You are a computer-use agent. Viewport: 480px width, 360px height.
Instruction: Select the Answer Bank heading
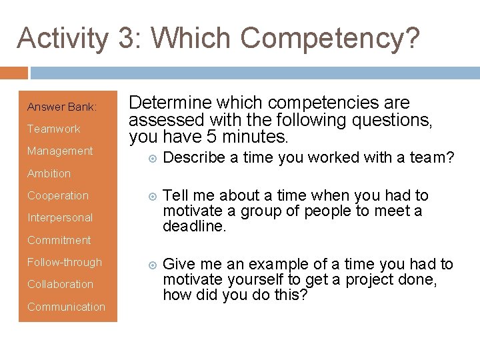pyautogui.click(x=62, y=107)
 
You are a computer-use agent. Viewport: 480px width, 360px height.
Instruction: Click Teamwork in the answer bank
pyautogui.click(x=53, y=129)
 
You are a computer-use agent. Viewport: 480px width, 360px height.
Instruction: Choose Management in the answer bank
pyautogui.click(x=60, y=151)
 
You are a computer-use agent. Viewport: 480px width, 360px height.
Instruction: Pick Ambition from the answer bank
pyautogui.click(x=49, y=173)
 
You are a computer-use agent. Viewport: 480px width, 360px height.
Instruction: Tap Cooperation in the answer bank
pyautogui.click(x=58, y=195)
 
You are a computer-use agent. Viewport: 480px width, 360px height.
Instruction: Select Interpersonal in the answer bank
pyautogui.click(x=60, y=217)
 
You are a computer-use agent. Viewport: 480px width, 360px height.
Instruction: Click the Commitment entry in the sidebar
pyautogui.click(x=59, y=240)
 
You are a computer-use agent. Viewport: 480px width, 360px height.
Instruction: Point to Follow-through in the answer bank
pyautogui.click(x=65, y=262)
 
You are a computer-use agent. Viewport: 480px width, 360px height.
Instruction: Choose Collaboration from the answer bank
pyautogui.click(x=60, y=284)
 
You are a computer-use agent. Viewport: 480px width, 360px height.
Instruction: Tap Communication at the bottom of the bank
pyautogui.click(x=66, y=307)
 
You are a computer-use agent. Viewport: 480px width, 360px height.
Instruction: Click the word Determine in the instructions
pyautogui.click(x=165, y=103)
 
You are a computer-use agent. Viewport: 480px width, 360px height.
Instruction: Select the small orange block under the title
pyautogui.click(x=14, y=72)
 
